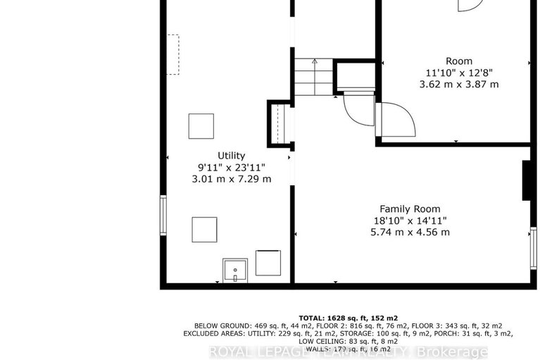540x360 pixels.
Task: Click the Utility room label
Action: (231, 156)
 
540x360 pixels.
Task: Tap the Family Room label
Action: (410, 209)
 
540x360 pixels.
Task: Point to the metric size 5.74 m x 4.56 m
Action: (410, 232)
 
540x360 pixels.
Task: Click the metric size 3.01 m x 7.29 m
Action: (231, 179)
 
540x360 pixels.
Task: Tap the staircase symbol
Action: (312, 77)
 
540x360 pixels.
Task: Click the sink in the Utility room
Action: (234, 270)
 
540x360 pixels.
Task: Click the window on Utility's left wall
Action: (163, 216)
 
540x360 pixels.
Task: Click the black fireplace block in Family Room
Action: (525, 182)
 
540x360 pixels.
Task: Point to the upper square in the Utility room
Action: (201, 126)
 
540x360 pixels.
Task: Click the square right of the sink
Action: (268, 262)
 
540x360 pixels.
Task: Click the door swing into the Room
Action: (396, 120)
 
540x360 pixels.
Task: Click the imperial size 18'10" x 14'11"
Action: (410, 221)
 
